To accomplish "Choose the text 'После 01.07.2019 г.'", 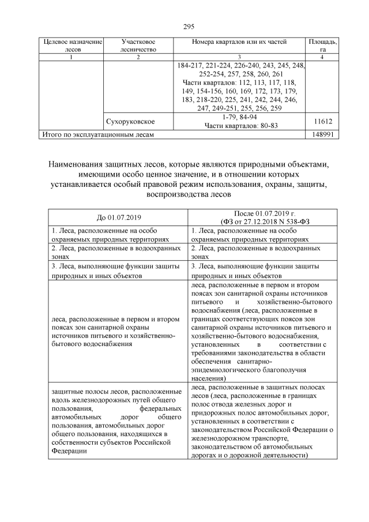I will tap(262, 213).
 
